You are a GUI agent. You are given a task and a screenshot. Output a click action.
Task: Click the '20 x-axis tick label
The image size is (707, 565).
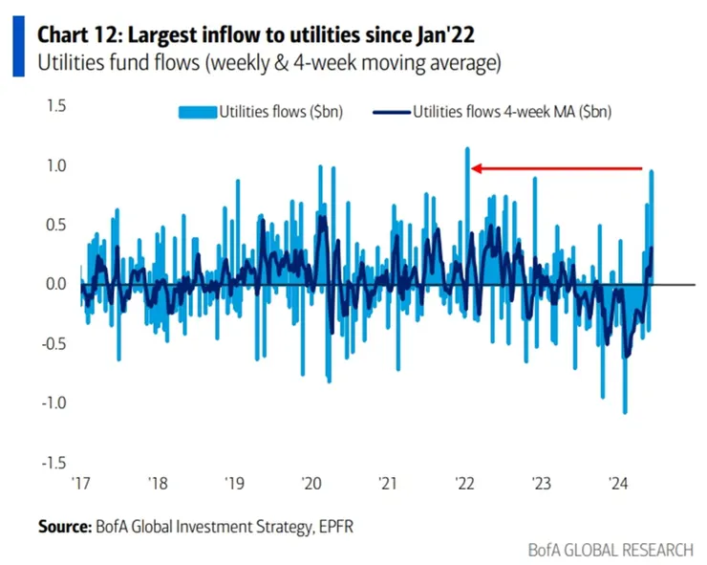[311, 483]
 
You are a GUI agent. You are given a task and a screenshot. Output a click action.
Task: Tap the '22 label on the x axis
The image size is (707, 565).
[466, 483]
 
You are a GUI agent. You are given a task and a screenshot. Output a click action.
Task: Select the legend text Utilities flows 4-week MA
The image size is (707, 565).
[512, 112]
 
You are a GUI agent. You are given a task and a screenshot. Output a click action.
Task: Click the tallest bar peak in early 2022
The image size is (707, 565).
[467, 149]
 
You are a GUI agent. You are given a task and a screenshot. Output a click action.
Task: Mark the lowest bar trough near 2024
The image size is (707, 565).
[625, 412]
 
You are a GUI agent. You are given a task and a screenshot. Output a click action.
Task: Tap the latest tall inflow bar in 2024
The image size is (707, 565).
[652, 172]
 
